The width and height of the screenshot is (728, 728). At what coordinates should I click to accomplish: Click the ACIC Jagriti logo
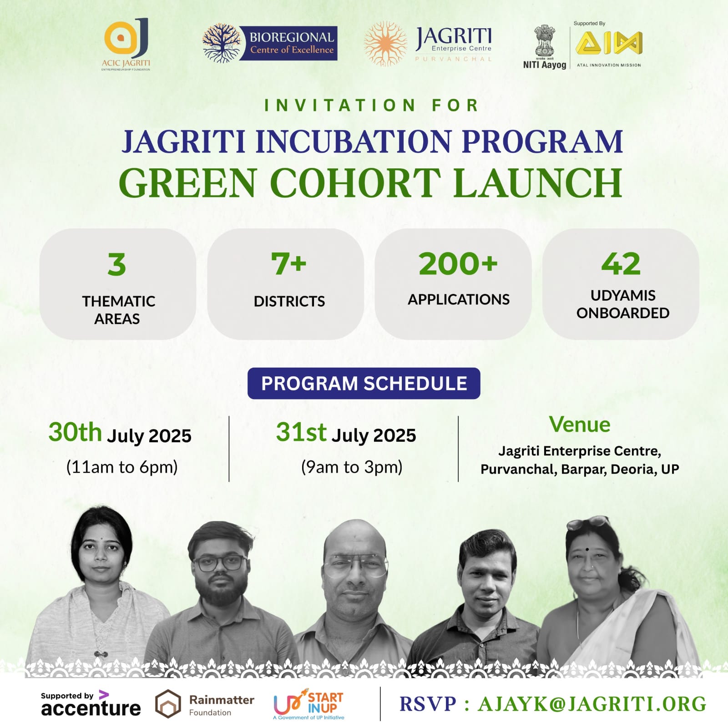click(x=126, y=44)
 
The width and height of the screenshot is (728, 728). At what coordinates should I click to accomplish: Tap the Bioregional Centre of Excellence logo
click(x=270, y=43)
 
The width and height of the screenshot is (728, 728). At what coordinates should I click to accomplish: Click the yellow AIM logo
click(x=609, y=44)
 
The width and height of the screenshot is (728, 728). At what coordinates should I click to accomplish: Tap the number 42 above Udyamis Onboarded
click(x=621, y=264)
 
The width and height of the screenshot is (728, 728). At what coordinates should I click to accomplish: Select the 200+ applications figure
click(x=458, y=264)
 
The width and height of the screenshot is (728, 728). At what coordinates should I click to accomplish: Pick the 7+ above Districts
click(x=289, y=264)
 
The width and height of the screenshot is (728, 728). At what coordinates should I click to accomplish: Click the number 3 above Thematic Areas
click(x=117, y=264)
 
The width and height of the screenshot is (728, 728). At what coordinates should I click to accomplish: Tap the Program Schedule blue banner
click(x=364, y=384)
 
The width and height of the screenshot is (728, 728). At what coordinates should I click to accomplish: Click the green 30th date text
click(x=75, y=432)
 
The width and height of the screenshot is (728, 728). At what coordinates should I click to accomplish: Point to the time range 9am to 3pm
click(x=352, y=467)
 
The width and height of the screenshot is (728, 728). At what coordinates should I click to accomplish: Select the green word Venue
click(x=580, y=425)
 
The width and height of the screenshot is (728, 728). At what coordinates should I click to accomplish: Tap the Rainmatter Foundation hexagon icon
click(x=168, y=704)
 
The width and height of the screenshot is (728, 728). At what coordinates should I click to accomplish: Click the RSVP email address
click(x=592, y=704)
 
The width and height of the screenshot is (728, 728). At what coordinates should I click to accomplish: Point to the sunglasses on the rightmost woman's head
click(x=588, y=522)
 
